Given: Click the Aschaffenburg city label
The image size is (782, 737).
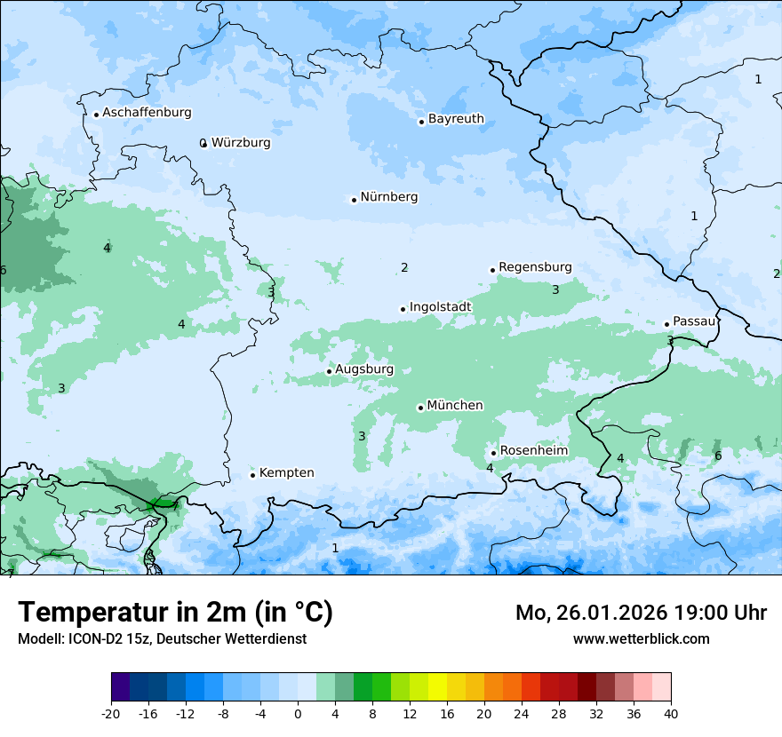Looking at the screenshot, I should tap(147, 113).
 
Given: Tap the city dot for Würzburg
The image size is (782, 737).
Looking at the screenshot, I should tap(203, 143).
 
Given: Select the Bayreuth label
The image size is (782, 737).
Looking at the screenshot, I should tap(456, 119).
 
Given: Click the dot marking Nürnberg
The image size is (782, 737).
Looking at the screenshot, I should tap(354, 200).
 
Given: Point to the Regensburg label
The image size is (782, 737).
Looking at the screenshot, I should tap(535, 267).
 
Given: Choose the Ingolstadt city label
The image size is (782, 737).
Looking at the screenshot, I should tap(440, 307).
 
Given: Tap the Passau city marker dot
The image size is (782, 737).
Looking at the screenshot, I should tap(666, 324).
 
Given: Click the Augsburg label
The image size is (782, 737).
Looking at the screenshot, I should tap(363, 369).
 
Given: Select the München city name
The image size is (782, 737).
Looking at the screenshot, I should tap(454, 406).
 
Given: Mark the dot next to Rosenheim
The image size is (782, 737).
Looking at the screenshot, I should tap(493, 453).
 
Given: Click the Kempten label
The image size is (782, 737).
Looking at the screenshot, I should tap(286, 473).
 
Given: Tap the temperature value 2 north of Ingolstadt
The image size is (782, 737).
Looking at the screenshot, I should tap(404, 267).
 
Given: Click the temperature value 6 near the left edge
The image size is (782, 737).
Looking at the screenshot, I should tap(4, 270).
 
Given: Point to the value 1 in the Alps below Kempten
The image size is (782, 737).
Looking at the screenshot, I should tap(335, 548).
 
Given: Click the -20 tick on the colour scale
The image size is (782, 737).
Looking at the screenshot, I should tap(111, 713).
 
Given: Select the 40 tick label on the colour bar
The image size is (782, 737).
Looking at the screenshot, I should tap(671, 713).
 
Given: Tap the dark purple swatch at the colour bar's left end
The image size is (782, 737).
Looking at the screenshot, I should tap(120, 687).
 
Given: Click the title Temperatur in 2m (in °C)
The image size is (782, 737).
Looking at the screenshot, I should tap(175, 613).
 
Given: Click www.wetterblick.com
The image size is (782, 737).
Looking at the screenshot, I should tap(641, 638).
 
